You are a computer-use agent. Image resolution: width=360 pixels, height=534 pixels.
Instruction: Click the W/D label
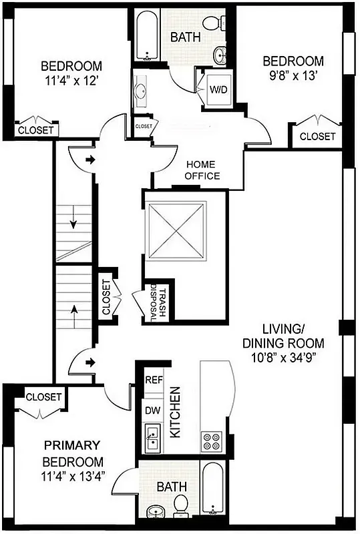(x=218, y=89)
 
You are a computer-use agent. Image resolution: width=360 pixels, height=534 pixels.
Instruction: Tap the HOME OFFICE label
(x=202, y=170)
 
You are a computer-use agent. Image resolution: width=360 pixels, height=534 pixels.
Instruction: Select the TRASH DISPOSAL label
(x=158, y=302)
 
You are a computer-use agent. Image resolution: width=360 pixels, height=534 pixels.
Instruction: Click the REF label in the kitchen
(x=154, y=380)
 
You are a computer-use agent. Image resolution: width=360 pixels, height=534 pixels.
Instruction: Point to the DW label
(x=153, y=410)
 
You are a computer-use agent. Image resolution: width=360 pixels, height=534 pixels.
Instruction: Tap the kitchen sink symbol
(x=154, y=437)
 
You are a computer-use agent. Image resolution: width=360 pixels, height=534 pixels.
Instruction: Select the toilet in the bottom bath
(x=180, y=505)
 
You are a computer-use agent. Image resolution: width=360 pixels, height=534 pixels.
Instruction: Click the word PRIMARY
(x=72, y=445)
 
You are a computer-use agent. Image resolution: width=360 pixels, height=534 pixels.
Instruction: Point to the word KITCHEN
(x=176, y=412)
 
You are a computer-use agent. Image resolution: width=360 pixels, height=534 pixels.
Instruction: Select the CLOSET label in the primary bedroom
(x=43, y=397)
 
